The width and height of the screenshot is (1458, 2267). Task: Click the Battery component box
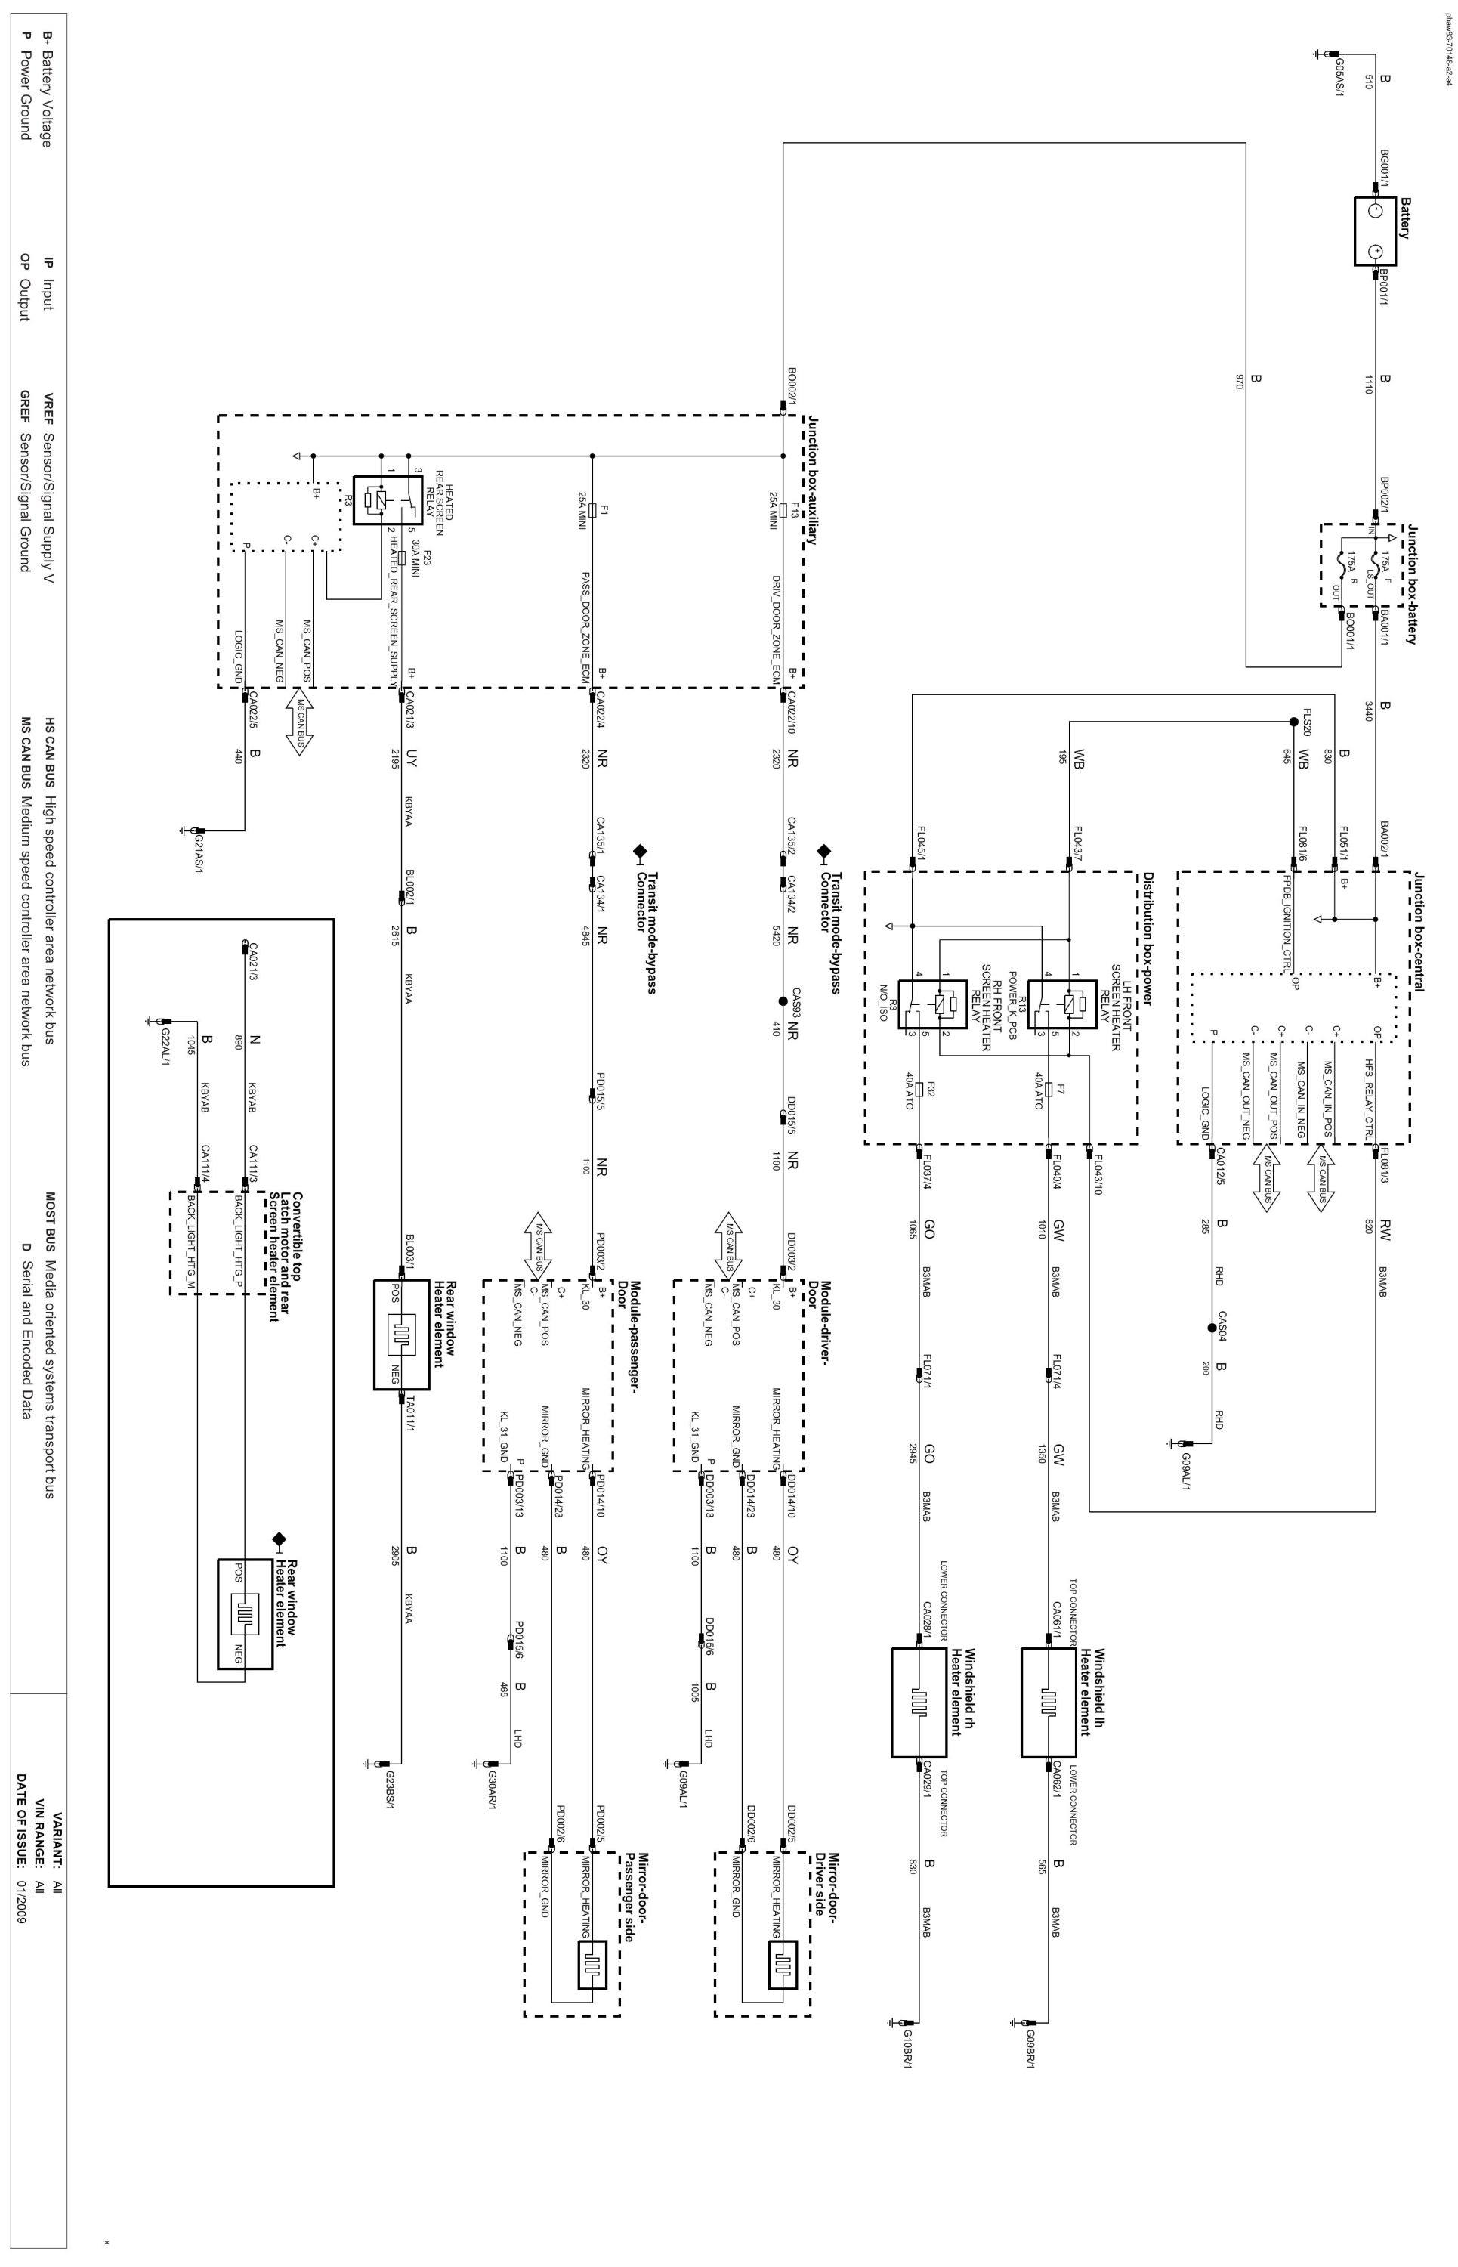(x=1376, y=231)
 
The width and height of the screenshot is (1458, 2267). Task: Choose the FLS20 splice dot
(x=1293, y=722)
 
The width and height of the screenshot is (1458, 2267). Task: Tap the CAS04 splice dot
(x=1211, y=1328)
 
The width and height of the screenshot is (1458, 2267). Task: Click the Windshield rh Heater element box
(x=919, y=1702)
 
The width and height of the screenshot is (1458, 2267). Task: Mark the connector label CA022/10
(x=792, y=714)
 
